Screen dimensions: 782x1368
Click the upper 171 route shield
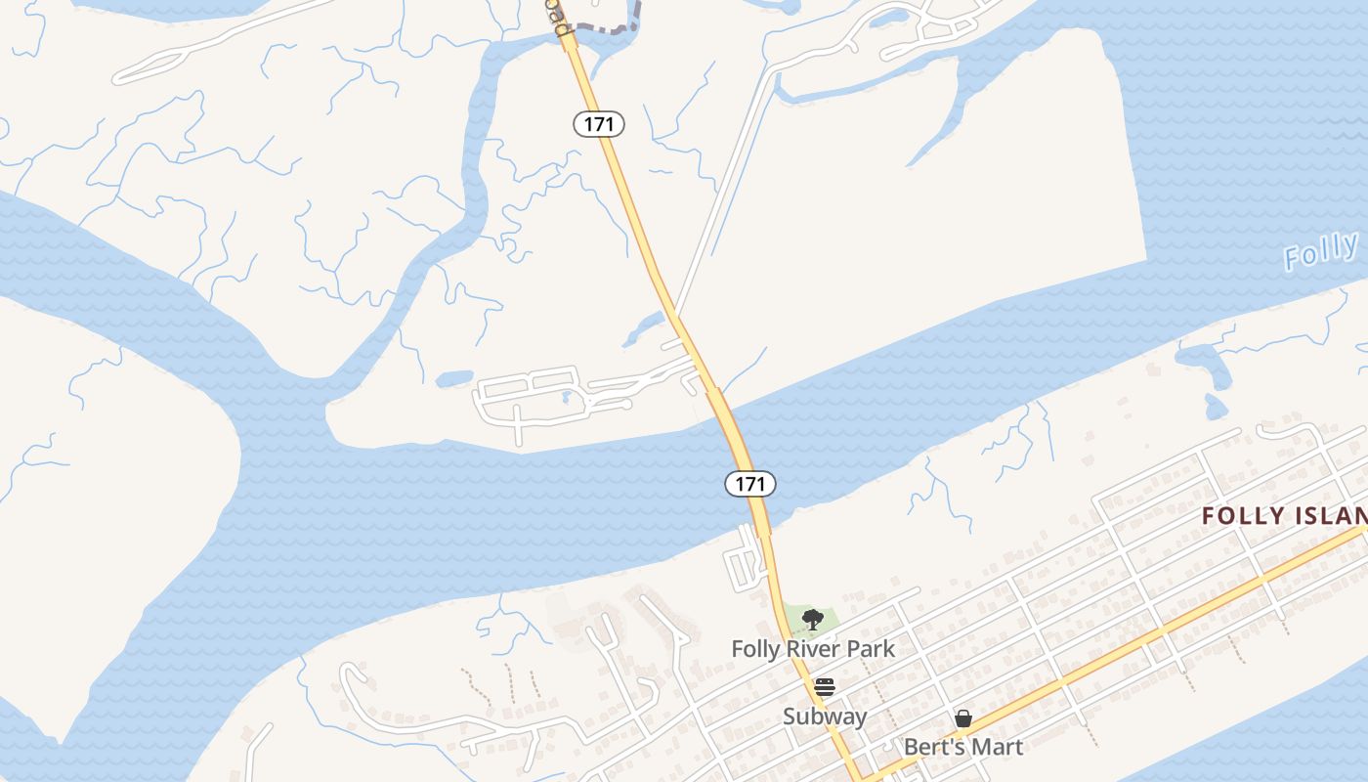[x=598, y=124]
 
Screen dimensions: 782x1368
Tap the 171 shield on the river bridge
[x=749, y=483]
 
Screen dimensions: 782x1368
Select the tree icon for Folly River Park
[x=812, y=619]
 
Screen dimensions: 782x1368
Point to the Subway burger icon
[x=825, y=687]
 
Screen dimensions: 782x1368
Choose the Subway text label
[x=825, y=717]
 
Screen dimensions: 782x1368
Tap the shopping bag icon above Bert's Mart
[x=963, y=718]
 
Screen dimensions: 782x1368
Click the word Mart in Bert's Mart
[x=996, y=748]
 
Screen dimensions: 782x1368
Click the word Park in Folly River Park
[x=872, y=648]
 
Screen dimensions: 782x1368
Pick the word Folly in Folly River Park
[x=758, y=648]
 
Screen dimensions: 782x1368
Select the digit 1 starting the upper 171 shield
[x=587, y=124]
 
